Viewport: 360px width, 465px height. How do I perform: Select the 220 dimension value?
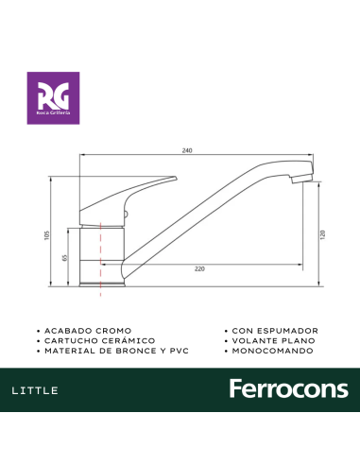pos(199,269)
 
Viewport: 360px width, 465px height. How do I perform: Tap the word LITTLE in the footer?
pos(38,390)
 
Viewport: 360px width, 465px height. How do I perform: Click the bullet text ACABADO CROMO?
pos(82,330)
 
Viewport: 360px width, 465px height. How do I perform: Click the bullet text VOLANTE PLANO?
pos(272,340)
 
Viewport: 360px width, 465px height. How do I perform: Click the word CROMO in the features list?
pos(105,330)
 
